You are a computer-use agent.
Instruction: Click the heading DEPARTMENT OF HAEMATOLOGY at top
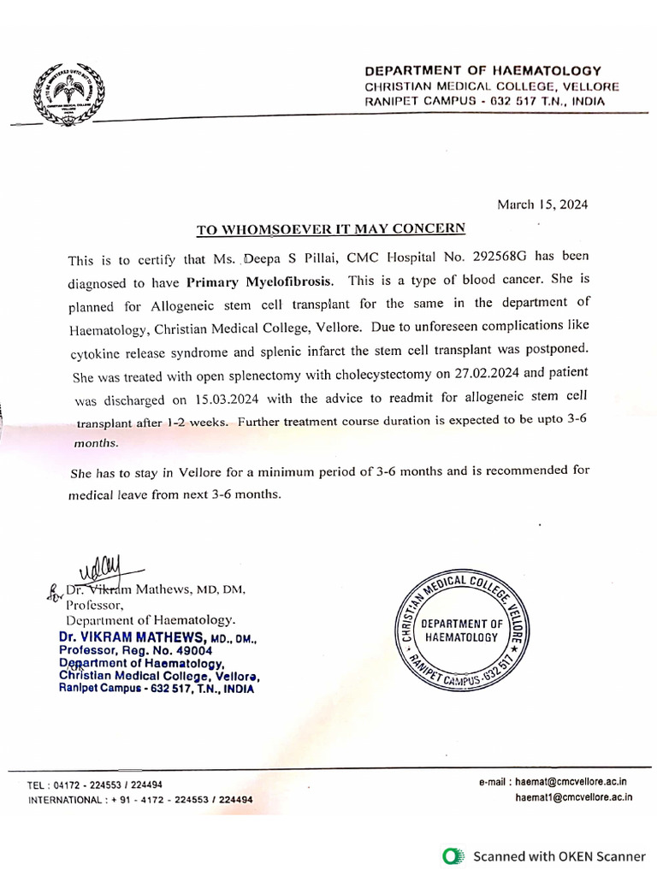(x=482, y=71)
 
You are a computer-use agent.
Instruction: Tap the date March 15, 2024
(x=542, y=204)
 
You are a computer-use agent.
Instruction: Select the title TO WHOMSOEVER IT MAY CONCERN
(x=331, y=228)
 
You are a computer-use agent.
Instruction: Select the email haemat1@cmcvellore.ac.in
(x=573, y=797)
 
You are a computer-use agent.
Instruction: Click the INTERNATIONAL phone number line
(x=140, y=800)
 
